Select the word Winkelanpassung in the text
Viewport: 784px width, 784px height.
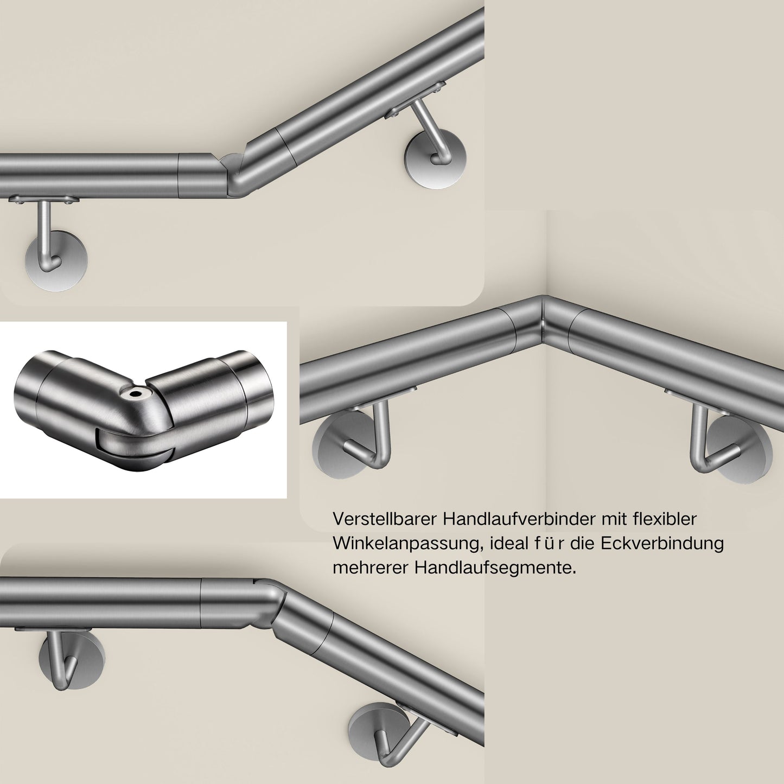click(406, 545)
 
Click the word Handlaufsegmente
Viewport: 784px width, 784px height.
click(495, 568)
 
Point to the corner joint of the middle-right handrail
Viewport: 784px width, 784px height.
click(544, 322)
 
